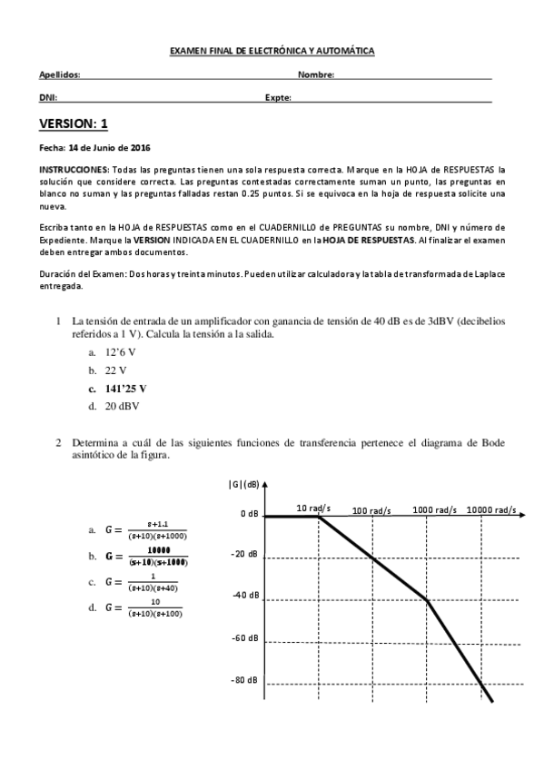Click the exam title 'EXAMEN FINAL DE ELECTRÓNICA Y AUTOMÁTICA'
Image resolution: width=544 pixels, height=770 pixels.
coord(272,53)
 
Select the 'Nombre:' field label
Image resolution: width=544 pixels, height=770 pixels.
coord(317,75)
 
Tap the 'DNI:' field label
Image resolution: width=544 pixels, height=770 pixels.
coord(48,97)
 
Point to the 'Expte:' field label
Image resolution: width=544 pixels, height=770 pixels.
coord(278,97)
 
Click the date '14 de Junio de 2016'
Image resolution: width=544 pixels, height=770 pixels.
coord(110,147)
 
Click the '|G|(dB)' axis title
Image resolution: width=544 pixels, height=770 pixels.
coord(243,483)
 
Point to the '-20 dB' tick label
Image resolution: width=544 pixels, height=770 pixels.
coord(244,555)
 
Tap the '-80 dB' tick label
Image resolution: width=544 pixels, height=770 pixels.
coord(244,680)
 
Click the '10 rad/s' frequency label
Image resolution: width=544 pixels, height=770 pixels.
coord(313,508)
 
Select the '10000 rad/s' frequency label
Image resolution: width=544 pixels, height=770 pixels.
coord(491,509)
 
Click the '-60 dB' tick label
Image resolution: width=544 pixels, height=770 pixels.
coord(244,638)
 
